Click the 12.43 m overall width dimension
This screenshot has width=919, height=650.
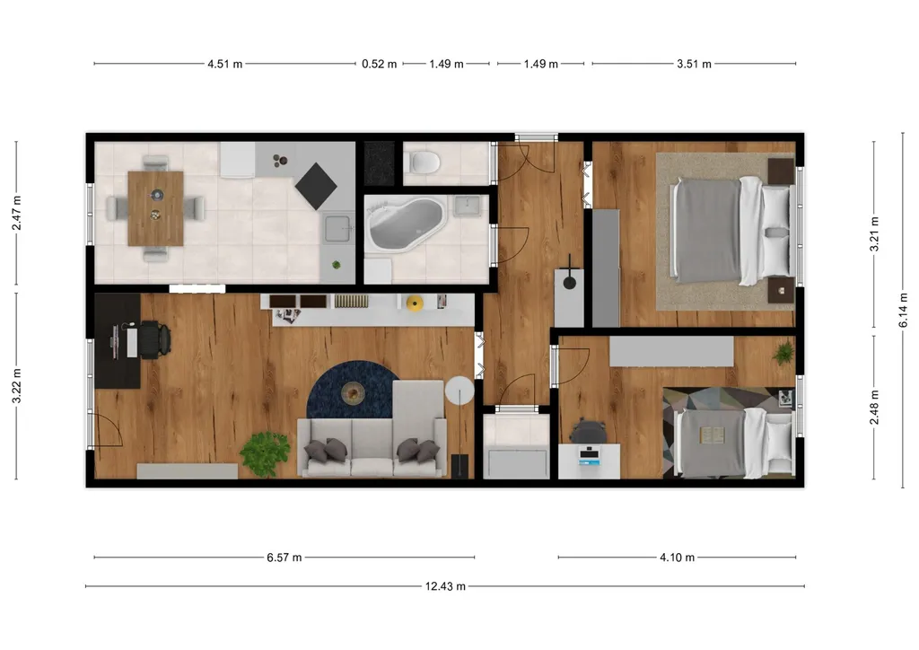(445, 586)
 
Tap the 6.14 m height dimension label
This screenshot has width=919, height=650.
(903, 311)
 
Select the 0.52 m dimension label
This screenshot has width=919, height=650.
(380, 64)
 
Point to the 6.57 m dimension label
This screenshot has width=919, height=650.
(284, 558)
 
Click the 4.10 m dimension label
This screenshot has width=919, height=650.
(677, 558)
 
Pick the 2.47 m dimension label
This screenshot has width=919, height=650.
(16, 214)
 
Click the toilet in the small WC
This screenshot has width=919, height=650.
(424, 162)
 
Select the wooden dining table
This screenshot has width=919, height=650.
(155, 208)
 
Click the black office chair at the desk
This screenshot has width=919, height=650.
(154, 339)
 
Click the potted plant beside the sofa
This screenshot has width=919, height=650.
(265, 453)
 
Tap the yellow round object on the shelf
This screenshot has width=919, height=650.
(415, 303)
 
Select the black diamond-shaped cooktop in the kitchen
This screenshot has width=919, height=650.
(316, 186)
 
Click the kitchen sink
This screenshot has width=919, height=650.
(338, 229)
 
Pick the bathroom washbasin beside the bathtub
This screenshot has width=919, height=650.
(467, 206)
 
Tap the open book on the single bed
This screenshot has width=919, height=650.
(713, 435)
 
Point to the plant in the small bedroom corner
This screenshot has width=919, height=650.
(783, 353)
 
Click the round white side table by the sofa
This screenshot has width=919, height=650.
(459, 391)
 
